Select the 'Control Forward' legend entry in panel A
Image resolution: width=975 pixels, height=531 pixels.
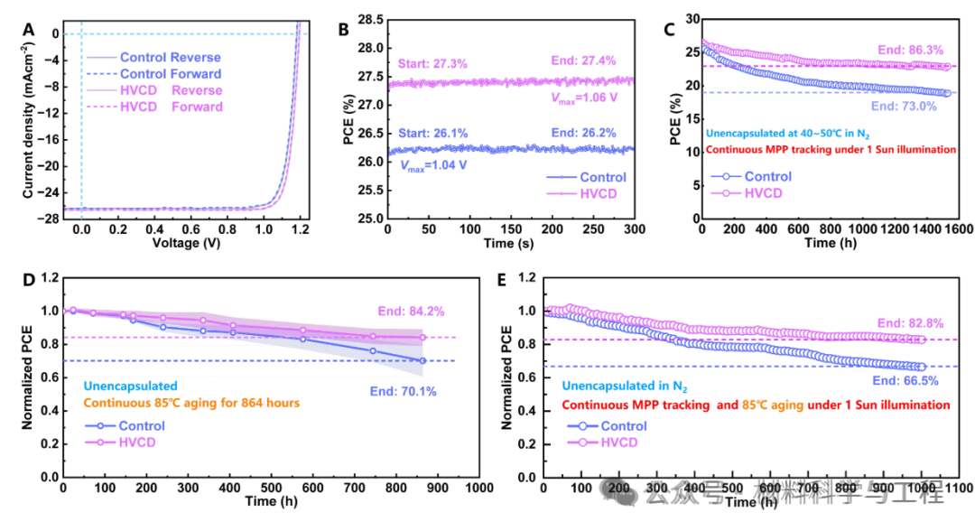coord(171,74)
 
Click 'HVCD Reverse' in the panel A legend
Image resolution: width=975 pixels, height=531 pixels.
coord(171,90)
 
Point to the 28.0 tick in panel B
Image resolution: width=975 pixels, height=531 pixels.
coord(371,48)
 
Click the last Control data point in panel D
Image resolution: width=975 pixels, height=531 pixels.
coord(422,360)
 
